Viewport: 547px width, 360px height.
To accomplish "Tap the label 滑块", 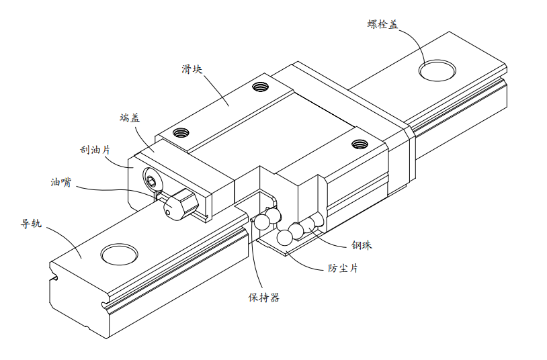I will coord(192,69).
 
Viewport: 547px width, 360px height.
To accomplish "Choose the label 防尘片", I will coord(343,267).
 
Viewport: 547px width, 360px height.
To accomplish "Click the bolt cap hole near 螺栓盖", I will coord(438,69).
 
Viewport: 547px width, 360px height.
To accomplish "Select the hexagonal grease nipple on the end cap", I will coord(179,203).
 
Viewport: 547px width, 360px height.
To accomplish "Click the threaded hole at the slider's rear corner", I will coord(260,85).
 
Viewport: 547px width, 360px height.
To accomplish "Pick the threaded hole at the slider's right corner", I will coord(360,142).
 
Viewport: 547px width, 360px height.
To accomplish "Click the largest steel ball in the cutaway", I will coord(284,237).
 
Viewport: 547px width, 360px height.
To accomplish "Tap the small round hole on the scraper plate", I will coord(153,180).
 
